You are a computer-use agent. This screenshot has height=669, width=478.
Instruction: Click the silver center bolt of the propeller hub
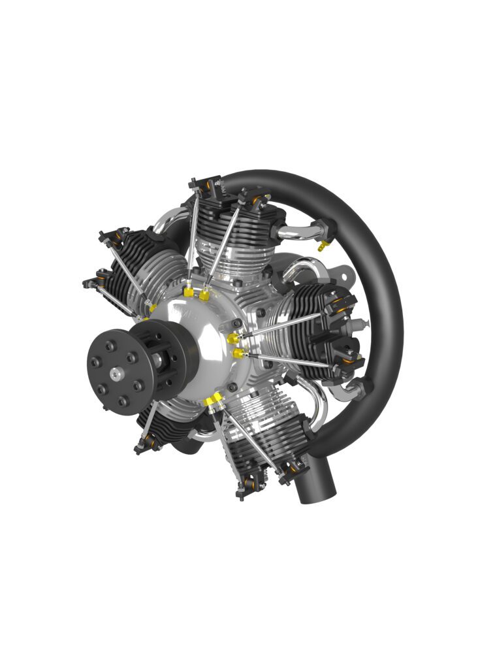pos(116,373)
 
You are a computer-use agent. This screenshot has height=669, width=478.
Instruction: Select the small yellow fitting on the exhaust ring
pos(321,246)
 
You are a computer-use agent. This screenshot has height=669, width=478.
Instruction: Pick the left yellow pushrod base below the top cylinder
pos(189,292)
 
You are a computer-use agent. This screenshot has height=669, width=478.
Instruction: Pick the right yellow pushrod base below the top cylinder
pos(204,295)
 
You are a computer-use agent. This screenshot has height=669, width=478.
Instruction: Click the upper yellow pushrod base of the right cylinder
pos(233,338)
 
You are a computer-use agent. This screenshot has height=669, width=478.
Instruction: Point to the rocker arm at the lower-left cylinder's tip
pos(146,444)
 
